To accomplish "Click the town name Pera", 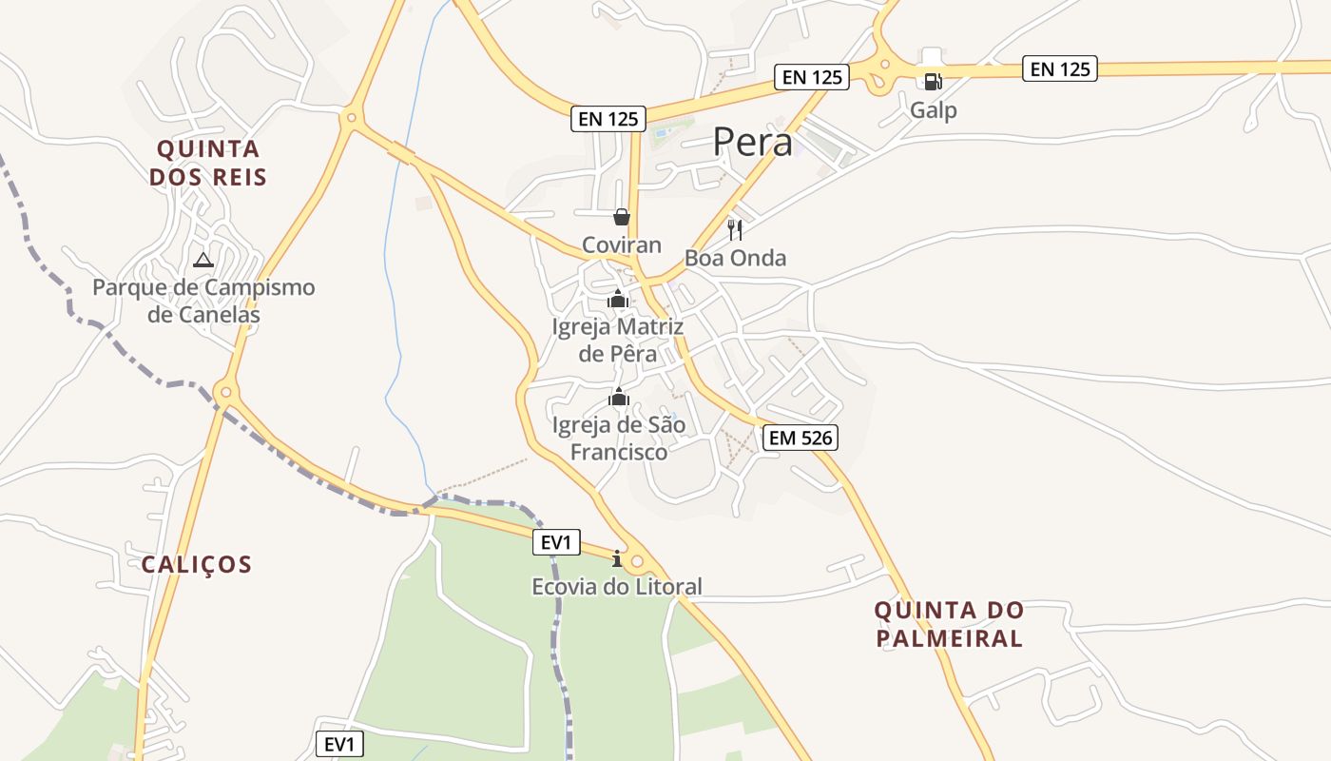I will [752, 143].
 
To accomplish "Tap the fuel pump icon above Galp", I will [933, 82].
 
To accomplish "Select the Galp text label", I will [933, 110].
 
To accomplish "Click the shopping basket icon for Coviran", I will [621, 218].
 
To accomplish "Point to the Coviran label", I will [621, 245].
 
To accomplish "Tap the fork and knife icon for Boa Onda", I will [735, 229].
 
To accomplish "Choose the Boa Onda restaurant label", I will [735, 259].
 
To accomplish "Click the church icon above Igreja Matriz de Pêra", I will [618, 300].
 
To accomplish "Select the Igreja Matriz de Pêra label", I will [618, 341].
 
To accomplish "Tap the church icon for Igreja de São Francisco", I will [619, 397].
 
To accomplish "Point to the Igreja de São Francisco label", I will [618, 439].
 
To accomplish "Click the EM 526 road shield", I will [800, 438].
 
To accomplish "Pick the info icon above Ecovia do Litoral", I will [617, 558].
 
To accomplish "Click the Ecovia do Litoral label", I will [617, 587].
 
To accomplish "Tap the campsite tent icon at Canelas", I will [203, 260].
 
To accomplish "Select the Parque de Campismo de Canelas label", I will [203, 301].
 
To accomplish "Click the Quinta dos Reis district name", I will [208, 163].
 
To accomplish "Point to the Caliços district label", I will [197, 565].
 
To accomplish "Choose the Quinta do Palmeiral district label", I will [949, 624].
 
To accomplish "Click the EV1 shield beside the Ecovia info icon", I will [555, 543].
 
